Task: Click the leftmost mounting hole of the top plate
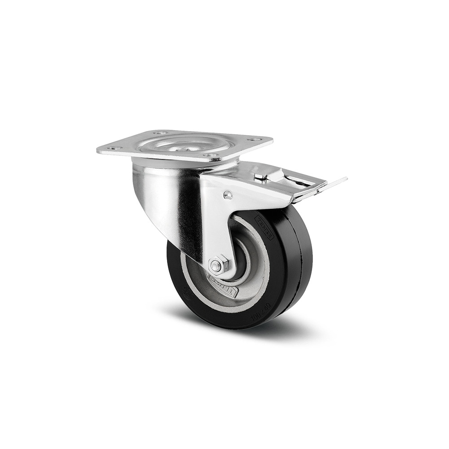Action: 112,148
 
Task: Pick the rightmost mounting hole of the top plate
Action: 255,140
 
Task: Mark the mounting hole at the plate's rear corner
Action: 160,133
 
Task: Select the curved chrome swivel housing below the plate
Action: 162,193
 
